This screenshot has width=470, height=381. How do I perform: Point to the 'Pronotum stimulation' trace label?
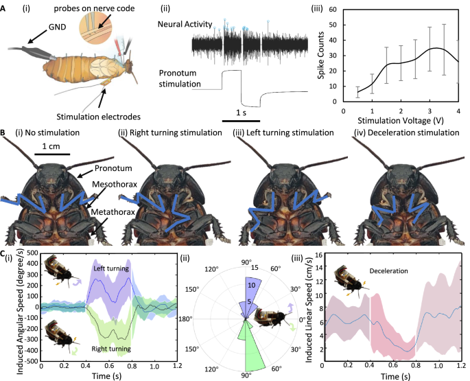coord(180,78)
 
